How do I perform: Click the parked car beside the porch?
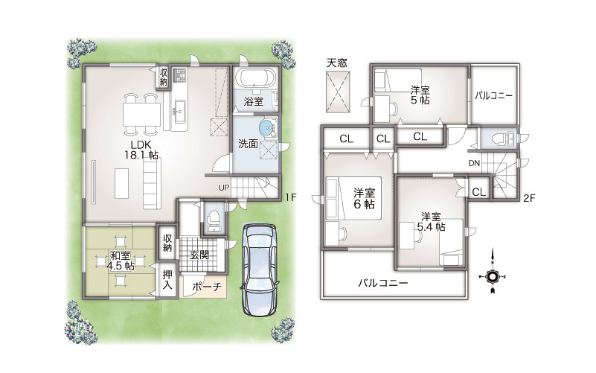pyautogui.click(x=259, y=270)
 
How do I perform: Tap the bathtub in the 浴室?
pyautogui.click(x=256, y=78)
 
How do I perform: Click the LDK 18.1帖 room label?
pyautogui.click(x=141, y=150)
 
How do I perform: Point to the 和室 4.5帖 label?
pyautogui.click(x=121, y=261)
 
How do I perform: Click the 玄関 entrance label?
pyautogui.click(x=199, y=255)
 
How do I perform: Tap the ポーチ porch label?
pyautogui.click(x=207, y=287)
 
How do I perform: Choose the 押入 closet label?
pyautogui.click(x=167, y=279)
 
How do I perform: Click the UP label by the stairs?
pyautogui.click(x=224, y=188)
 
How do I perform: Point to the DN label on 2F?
pyautogui.click(x=474, y=164)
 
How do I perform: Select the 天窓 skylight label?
pyautogui.click(x=337, y=63)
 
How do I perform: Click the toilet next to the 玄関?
pyautogui.click(x=214, y=220)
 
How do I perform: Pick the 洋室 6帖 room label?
pyautogui.click(x=364, y=199)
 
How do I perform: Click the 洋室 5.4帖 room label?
pyautogui.click(x=431, y=222)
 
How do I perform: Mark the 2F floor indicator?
pyautogui.click(x=528, y=198)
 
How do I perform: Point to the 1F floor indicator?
pyautogui.click(x=291, y=197)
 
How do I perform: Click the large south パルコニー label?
pyautogui.click(x=383, y=283)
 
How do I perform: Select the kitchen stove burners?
pyautogui.click(x=179, y=75)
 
